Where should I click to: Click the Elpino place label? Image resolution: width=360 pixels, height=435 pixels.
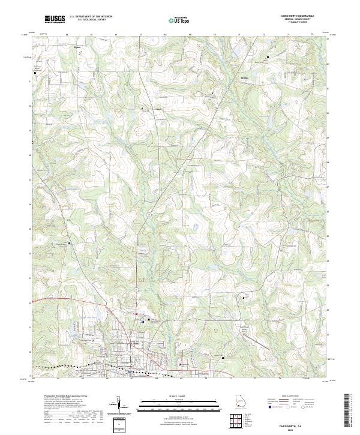(x=77, y=46)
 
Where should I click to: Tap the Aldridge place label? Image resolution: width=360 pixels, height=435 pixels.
(x=245, y=79)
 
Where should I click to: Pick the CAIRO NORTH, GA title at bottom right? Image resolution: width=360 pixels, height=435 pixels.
(x=296, y=424)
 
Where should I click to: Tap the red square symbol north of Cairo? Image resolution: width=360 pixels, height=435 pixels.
(x=136, y=314)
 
